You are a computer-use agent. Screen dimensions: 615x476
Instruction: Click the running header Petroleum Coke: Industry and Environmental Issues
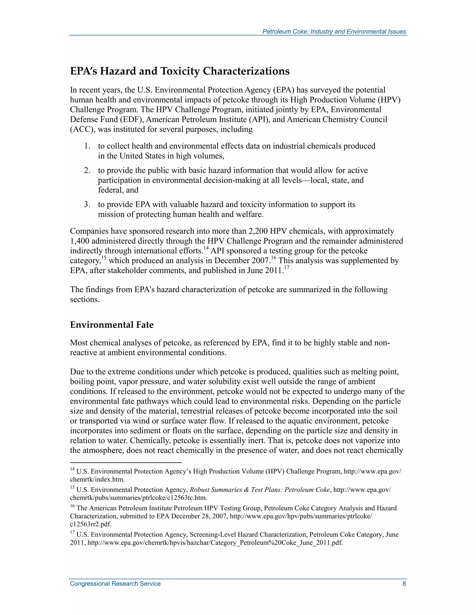point(334,32)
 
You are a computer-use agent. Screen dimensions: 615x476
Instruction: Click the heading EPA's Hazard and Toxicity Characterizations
point(180,71)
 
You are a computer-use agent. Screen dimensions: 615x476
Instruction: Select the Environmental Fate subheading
point(112,325)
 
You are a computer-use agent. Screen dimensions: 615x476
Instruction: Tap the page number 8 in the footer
point(404,583)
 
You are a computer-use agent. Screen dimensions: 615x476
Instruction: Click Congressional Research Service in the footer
point(115,583)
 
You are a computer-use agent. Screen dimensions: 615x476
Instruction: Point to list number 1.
point(87,146)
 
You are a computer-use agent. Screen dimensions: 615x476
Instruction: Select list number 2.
point(87,170)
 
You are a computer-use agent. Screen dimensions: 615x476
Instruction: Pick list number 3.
point(87,204)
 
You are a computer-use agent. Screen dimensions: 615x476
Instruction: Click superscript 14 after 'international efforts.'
point(206,248)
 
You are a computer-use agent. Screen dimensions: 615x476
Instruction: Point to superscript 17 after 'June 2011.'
point(287,268)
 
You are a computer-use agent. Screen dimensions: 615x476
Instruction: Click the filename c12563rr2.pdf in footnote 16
point(90,524)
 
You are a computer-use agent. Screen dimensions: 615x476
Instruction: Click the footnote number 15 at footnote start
point(72,487)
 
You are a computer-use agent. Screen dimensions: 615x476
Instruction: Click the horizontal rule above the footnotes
point(126,462)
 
